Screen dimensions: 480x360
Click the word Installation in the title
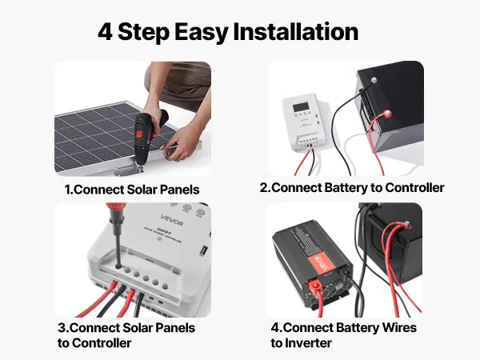296,31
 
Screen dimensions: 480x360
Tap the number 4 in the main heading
105,32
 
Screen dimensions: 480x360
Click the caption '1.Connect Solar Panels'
132,190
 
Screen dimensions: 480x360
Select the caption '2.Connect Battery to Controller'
352,188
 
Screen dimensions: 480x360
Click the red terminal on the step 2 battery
386,114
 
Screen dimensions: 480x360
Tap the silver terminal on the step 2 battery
374,81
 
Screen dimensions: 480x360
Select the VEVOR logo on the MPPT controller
172,220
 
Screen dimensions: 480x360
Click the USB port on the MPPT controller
202,250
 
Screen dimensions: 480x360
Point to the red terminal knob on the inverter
315,287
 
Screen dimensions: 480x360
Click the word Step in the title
143,32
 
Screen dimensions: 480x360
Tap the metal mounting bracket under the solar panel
128,170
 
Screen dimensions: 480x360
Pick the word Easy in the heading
202,33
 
